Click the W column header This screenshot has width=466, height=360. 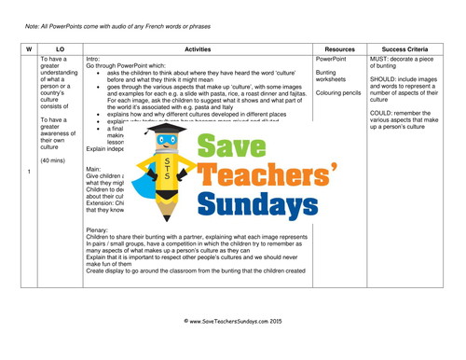coord(28,48)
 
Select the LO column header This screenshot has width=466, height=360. coord(60,48)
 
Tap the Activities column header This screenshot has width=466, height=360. coord(198,48)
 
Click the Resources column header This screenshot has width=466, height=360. coord(340,48)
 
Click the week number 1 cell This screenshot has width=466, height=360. coord(29,172)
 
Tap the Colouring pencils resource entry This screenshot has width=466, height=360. coord(339,92)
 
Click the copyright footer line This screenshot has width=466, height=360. coord(233,345)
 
